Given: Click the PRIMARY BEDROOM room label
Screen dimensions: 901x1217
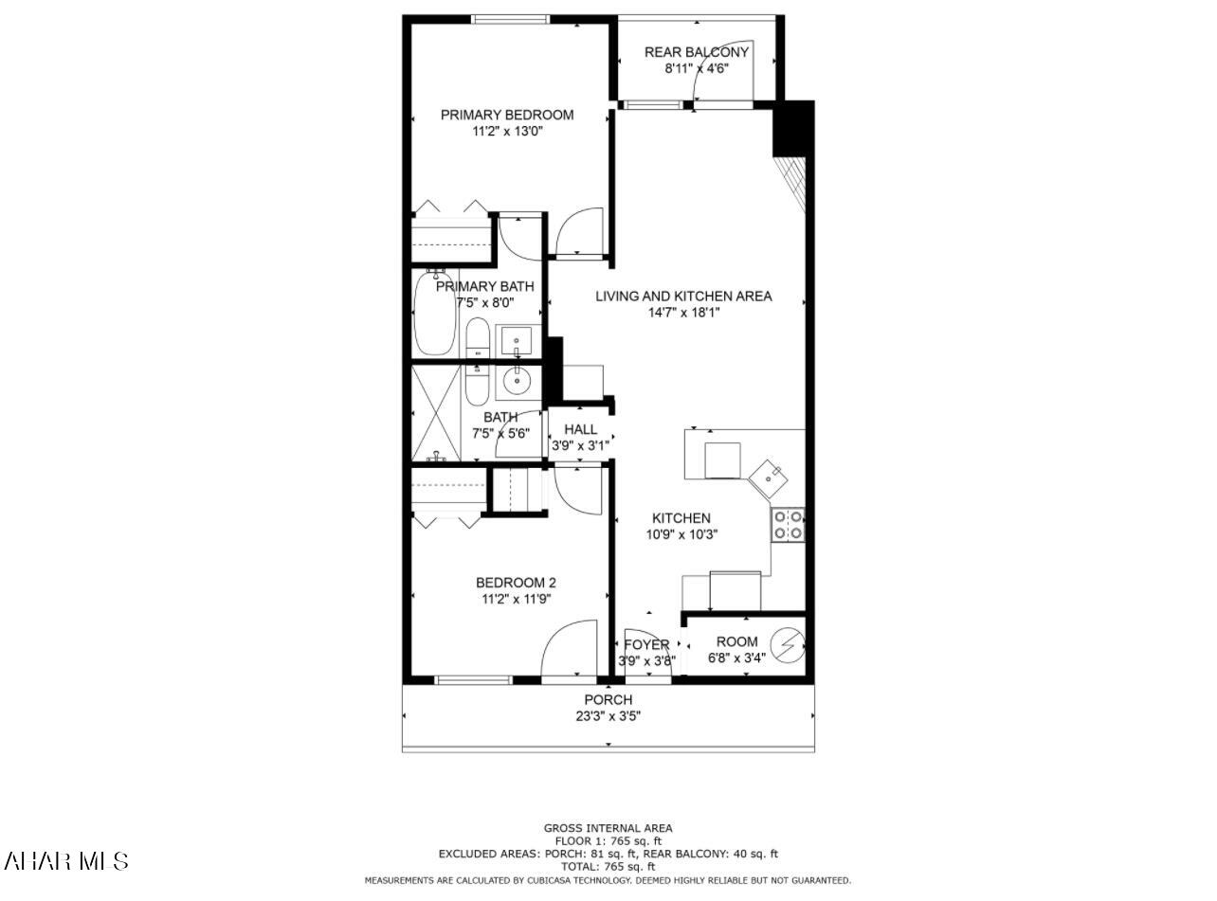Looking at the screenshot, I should [507, 115].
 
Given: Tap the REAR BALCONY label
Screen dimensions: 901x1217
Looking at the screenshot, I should [697, 52].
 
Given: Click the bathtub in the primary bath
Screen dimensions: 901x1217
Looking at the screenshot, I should [435, 314].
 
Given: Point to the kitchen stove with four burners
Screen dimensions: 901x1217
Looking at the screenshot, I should [788, 525].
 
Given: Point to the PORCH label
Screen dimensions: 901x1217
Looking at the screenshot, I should [608, 700].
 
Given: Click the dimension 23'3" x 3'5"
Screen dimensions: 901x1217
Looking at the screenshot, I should [608, 716].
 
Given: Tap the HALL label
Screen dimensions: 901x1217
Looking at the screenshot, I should [580, 429].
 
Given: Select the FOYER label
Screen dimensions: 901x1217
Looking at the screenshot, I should [646, 645].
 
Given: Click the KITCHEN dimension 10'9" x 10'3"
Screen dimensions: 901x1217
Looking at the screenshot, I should [681, 534].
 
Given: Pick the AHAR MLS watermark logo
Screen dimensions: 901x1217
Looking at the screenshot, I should [66, 860].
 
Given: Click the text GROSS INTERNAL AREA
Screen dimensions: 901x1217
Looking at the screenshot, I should [608, 828].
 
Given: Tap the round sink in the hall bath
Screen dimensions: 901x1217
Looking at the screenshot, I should [517, 383].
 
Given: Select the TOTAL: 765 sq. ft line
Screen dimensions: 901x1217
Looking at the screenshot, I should [608, 867].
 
